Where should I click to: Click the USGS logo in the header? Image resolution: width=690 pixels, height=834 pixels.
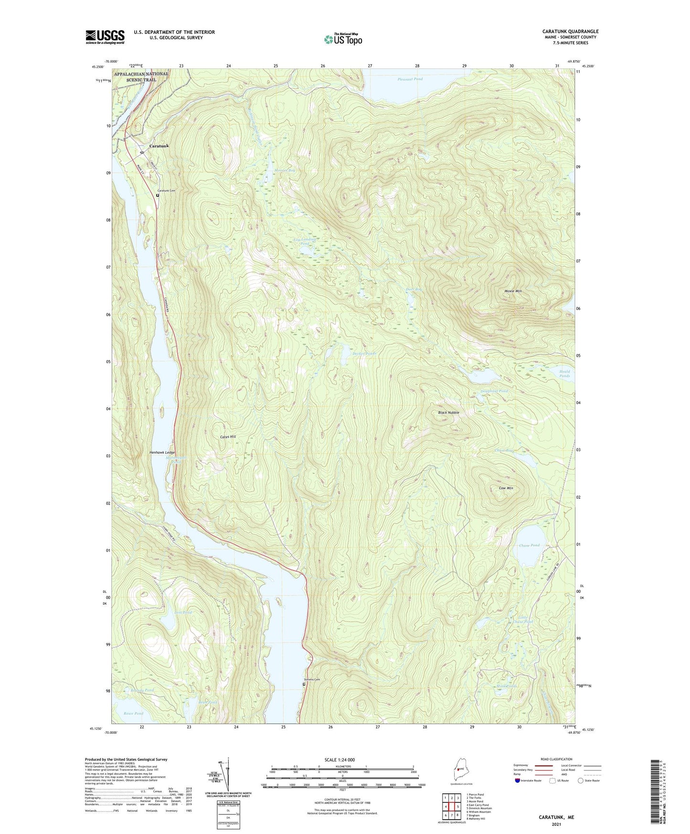105,37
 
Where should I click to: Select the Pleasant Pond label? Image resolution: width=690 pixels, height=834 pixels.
410,79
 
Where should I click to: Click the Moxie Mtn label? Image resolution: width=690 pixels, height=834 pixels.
513,291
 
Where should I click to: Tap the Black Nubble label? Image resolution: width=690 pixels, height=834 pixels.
448,412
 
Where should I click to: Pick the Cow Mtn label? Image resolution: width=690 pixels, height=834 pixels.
506,488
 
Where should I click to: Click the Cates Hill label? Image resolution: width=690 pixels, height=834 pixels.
228,437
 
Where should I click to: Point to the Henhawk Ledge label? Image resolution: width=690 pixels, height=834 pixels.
162,452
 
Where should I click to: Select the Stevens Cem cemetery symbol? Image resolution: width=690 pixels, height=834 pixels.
305,684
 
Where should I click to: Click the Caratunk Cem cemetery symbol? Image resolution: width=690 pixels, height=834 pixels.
158,195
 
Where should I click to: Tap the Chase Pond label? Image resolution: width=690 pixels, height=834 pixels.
529,545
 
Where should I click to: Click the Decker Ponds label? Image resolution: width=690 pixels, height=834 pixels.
364,353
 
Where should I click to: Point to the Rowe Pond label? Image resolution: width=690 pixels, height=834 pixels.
133,714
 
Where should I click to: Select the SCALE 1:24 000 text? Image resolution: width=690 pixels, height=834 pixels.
342,760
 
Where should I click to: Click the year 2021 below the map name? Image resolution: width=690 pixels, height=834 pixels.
556,825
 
